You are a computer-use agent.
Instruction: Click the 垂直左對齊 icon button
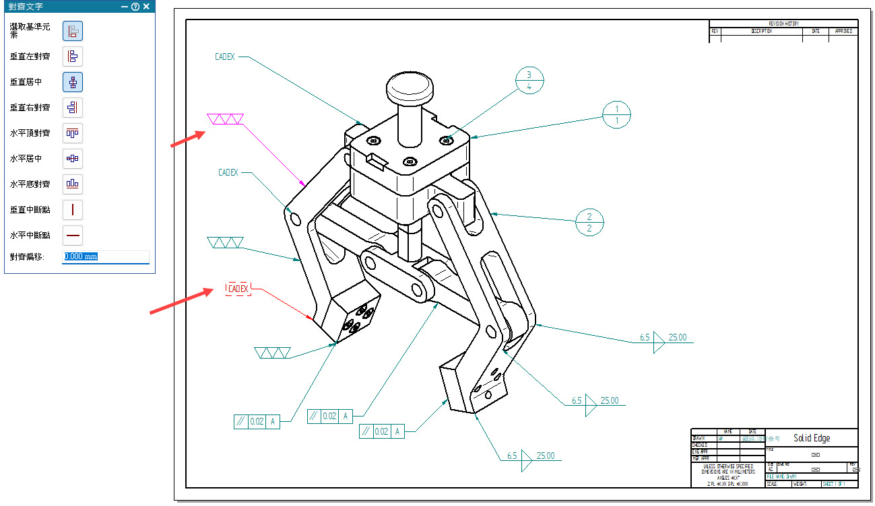73,57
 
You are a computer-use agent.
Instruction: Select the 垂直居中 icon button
73,82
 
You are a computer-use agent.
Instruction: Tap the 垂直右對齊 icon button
73,108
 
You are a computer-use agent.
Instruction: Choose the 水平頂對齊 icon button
73,133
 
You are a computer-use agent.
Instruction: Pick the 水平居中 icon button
73,159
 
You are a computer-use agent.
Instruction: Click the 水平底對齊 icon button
73,184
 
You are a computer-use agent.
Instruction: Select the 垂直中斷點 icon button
73,209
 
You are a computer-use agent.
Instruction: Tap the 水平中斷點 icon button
73,235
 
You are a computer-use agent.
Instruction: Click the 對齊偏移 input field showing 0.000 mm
105,256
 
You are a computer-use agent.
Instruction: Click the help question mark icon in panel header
135,7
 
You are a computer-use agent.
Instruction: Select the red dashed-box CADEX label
238,289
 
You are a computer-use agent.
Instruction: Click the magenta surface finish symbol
225,120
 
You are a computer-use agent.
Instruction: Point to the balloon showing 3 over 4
529,80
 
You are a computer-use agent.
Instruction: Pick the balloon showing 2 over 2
589,223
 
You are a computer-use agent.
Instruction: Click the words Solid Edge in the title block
811,438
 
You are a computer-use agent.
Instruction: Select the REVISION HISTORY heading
783,24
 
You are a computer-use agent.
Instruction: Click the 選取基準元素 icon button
73,31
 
